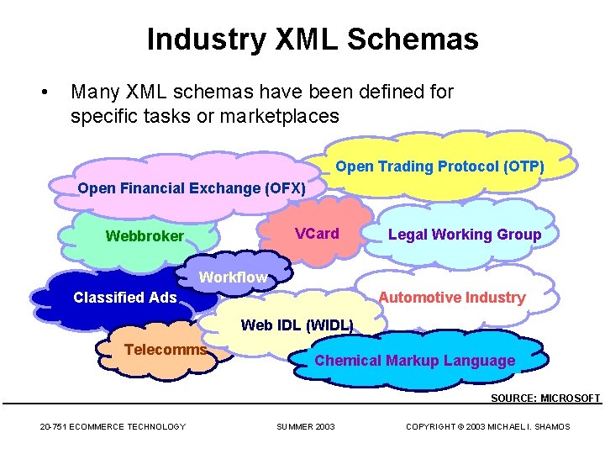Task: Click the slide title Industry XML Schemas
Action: [313, 40]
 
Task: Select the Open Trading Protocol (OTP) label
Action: [439, 166]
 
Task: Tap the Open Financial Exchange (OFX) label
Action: [192, 188]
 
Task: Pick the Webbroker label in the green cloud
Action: [144, 236]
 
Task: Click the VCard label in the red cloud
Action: [317, 234]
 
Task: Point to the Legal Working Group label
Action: [464, 235]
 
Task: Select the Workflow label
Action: [233, 277]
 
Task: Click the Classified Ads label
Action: [125, 297]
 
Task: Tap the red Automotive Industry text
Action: [451, 297]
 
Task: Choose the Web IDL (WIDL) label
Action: [297, 325]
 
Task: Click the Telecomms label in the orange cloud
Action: [166, 350]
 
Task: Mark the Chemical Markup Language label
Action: [414, 361]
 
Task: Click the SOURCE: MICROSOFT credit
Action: [545, 398]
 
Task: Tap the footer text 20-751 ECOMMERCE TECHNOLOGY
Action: [113, 427]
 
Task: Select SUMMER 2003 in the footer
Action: [306, 427]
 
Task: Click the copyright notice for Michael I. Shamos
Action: [487, 427]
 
